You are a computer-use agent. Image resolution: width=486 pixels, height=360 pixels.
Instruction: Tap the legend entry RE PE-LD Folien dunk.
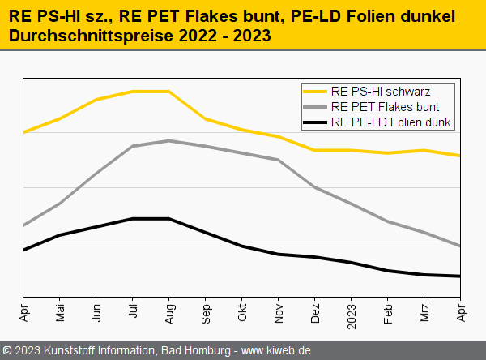click(x=392, y=122)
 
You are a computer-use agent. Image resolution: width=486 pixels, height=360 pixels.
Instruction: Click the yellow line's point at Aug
click(x=169, y=92)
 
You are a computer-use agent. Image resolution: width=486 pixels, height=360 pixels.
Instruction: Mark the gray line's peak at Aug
click(x=169, y=141)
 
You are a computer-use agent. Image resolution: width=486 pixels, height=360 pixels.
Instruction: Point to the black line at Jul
click(x=133, y=219)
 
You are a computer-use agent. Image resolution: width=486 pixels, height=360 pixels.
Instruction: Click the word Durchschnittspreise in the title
click(x=77, y=36)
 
